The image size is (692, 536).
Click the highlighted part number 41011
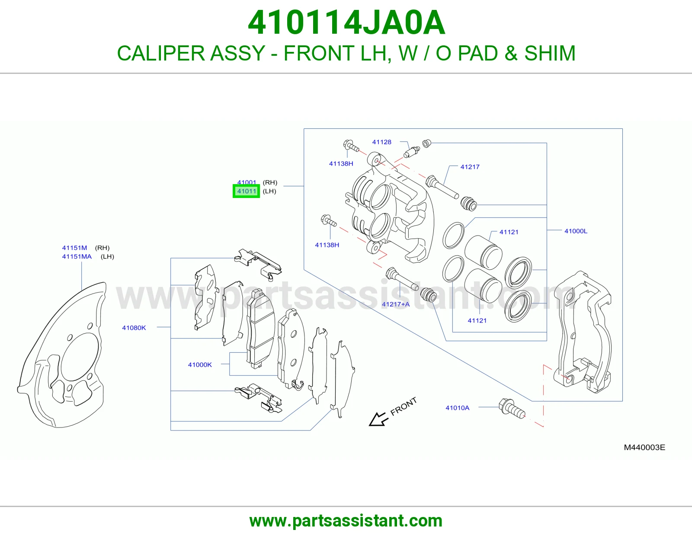(x=247, y=191)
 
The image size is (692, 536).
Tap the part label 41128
(x=381, y=142)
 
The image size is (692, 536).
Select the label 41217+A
(x=395, y=304)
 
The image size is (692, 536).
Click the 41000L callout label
(x=576, y=231)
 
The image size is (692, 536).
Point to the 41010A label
(x=457, y=408)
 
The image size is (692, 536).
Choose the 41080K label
(x=134, y=328)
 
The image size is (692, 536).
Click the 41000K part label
(x=200, y=365)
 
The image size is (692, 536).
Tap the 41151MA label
(x=77, y=256)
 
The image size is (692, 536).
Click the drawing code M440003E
(x=644, y=447)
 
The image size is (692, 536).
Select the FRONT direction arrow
(x=379, y=419)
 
